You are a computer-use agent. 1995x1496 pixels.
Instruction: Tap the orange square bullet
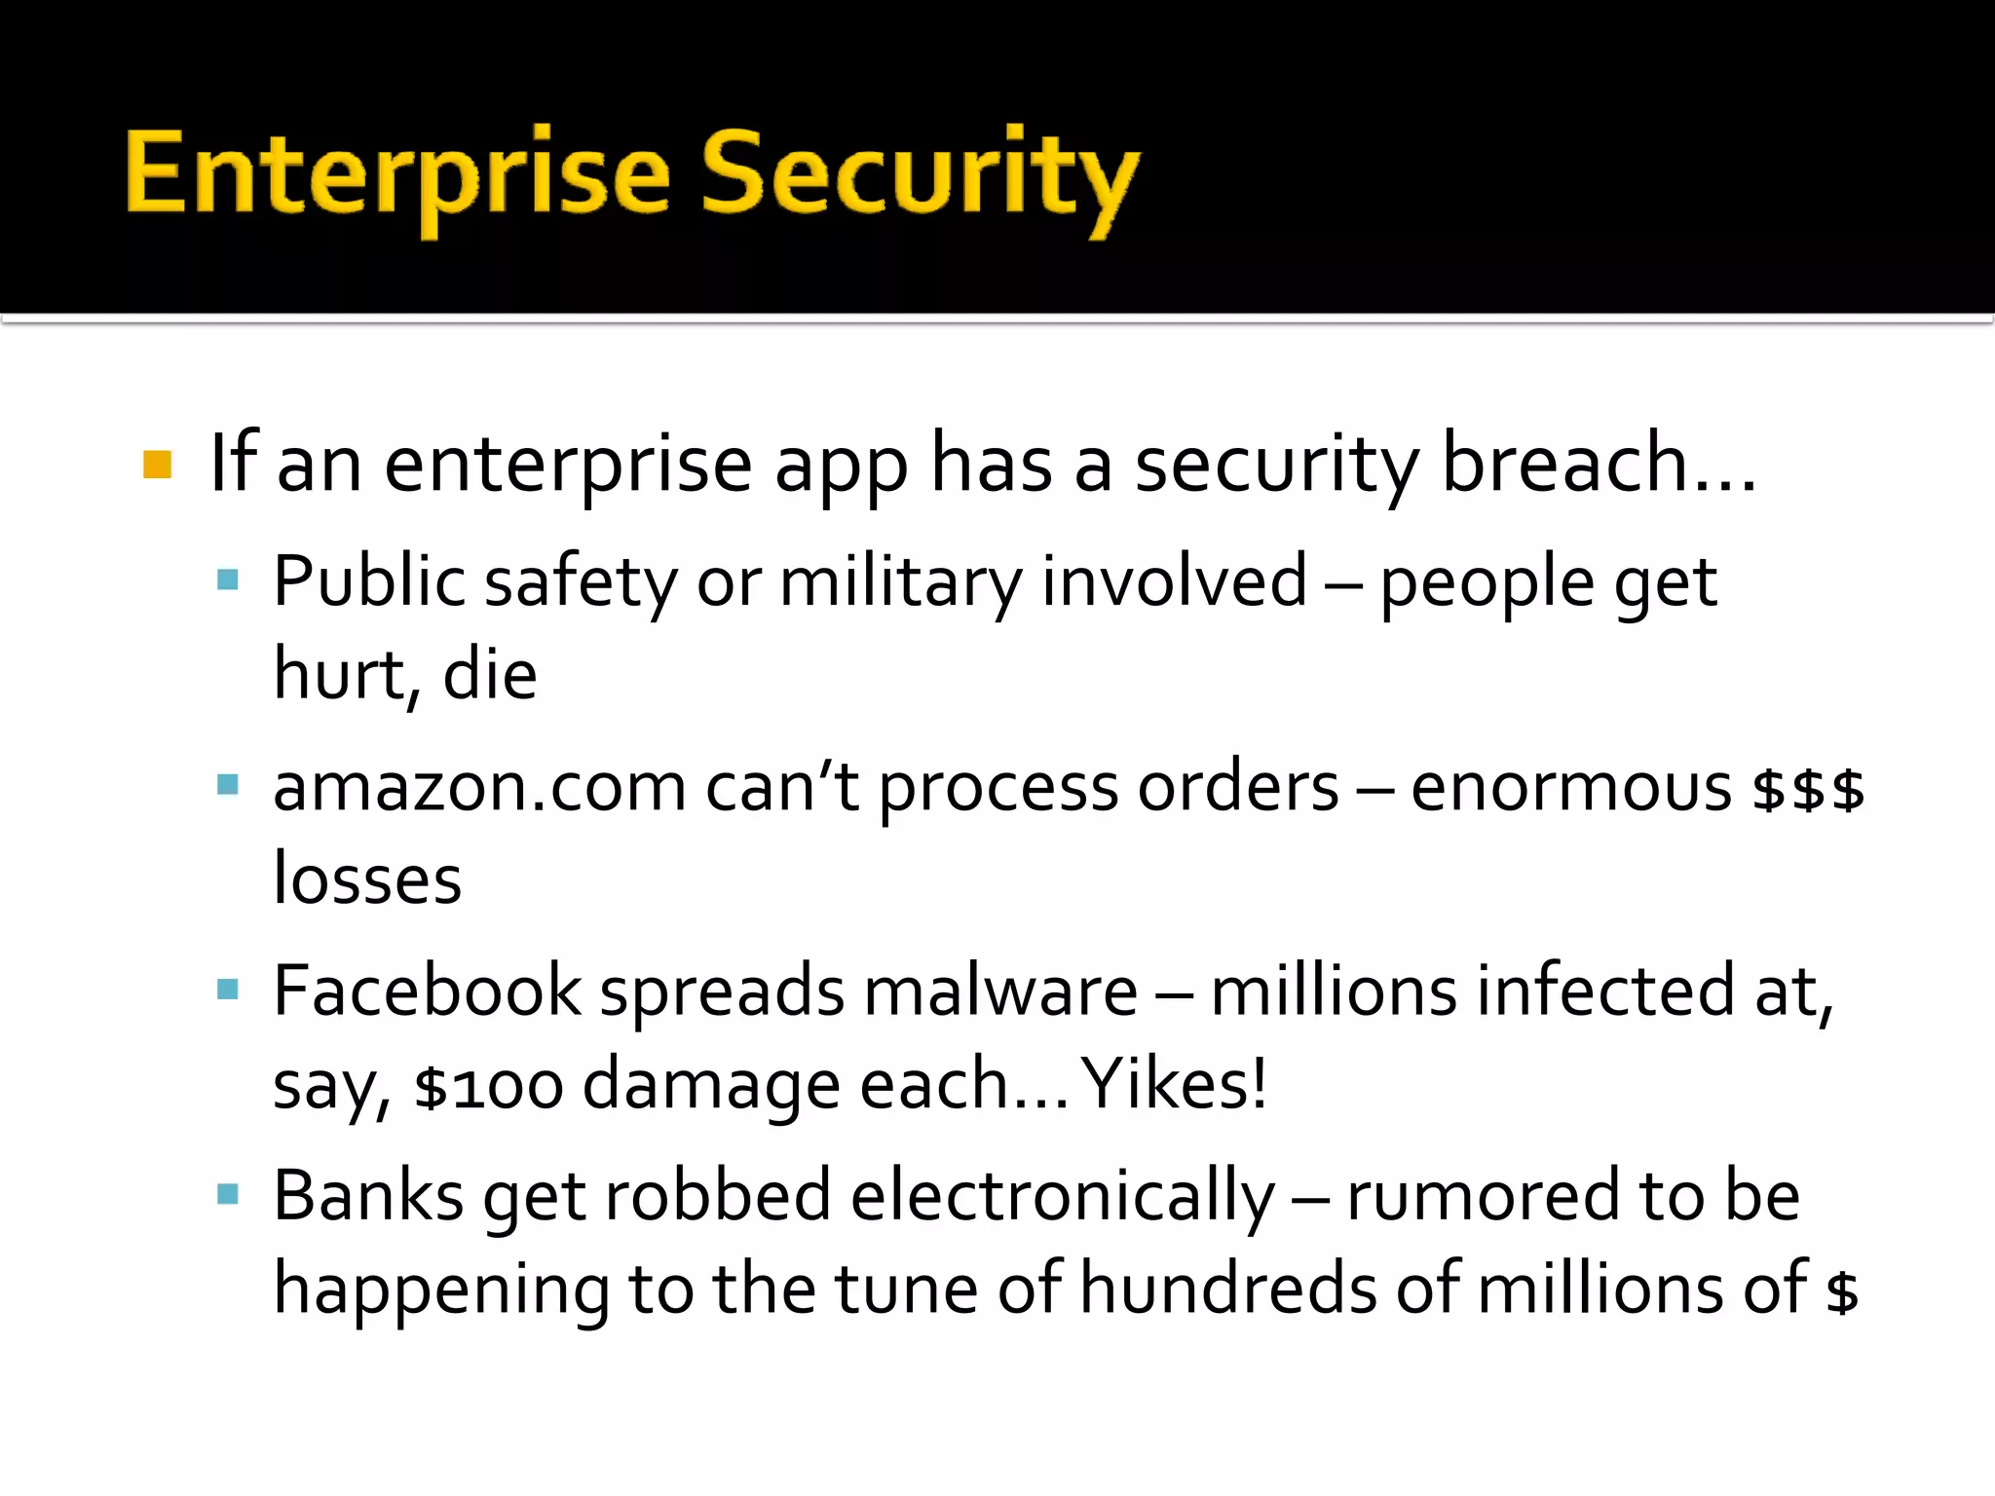tap(157, 465)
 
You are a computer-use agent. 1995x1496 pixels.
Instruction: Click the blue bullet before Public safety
tap(228, 581)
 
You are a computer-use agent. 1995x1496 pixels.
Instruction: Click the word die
tap(489, 675)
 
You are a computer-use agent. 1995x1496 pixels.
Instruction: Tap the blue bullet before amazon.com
tap(228, 785)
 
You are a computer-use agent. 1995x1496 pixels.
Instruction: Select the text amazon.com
tap(479, 787)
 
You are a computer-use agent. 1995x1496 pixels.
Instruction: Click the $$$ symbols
tap(1807, 789)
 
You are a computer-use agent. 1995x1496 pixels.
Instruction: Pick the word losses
tap(367, 879)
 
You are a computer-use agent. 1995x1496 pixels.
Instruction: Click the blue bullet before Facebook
tap(228, 991)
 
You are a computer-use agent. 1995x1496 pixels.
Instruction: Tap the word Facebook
tap(427, 991)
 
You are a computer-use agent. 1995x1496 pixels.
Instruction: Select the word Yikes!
tap(1175, 1084)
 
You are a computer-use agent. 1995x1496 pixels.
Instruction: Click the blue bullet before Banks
tap(228, 1195)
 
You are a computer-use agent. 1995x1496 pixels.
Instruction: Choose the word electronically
tap(1062, 1196)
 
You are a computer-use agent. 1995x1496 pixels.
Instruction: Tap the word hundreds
tap(1228, 1289)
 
